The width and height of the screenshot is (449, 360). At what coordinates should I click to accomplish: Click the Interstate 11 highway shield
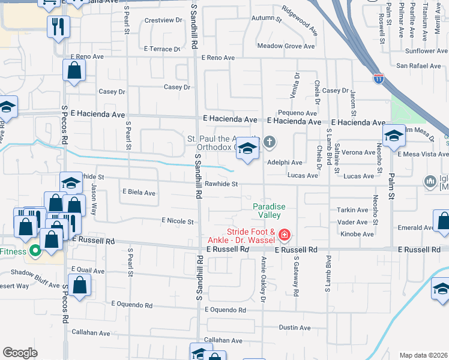click(378, 79)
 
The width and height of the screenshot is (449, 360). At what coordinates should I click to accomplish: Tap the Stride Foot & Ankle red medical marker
click(284, 234)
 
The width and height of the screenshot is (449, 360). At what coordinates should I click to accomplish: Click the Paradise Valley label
click(268, 211)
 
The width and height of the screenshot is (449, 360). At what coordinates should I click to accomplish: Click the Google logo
click(20, 353)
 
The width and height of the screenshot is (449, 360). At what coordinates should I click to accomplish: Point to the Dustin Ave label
click(295, 328)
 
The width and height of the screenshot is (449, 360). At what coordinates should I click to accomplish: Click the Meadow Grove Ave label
click(286, 46)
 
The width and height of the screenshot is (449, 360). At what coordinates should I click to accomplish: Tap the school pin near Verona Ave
click(394, 137)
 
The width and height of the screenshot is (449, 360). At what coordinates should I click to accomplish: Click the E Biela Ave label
click(139, 193)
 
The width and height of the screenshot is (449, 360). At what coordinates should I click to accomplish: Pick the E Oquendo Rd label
click(225, 310)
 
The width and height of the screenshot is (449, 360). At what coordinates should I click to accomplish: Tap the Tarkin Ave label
click(352, 210)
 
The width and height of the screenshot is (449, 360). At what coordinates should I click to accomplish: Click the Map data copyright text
click(423, 355)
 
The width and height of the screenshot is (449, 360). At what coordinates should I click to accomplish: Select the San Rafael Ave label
click(418, 66)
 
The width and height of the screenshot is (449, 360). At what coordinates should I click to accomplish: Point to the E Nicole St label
click(178, 221)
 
